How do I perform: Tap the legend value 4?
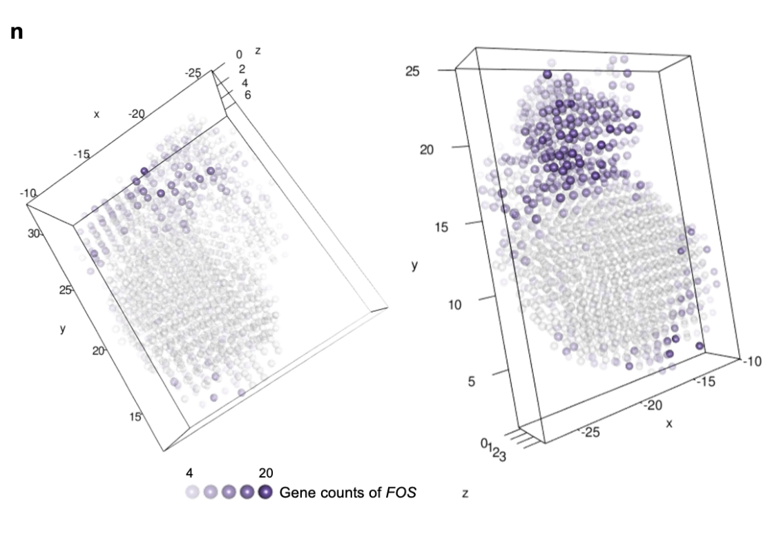click(x=190, y=474)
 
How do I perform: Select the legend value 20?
click(x=265, y=474)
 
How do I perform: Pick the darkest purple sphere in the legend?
click(x=265, y=492)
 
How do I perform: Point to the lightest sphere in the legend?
click(x=192, y=492)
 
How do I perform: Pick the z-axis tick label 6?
click(x=247, y=95)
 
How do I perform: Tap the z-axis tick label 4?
click(x=246, y=82)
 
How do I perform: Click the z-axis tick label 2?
click(x=242, y=69)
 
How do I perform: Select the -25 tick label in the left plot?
click(x=193, y=73)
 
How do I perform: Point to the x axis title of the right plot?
click(x=669, y=423)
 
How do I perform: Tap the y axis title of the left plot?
click(x=63, y=329)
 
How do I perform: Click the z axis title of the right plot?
click(x=464, y=494)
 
